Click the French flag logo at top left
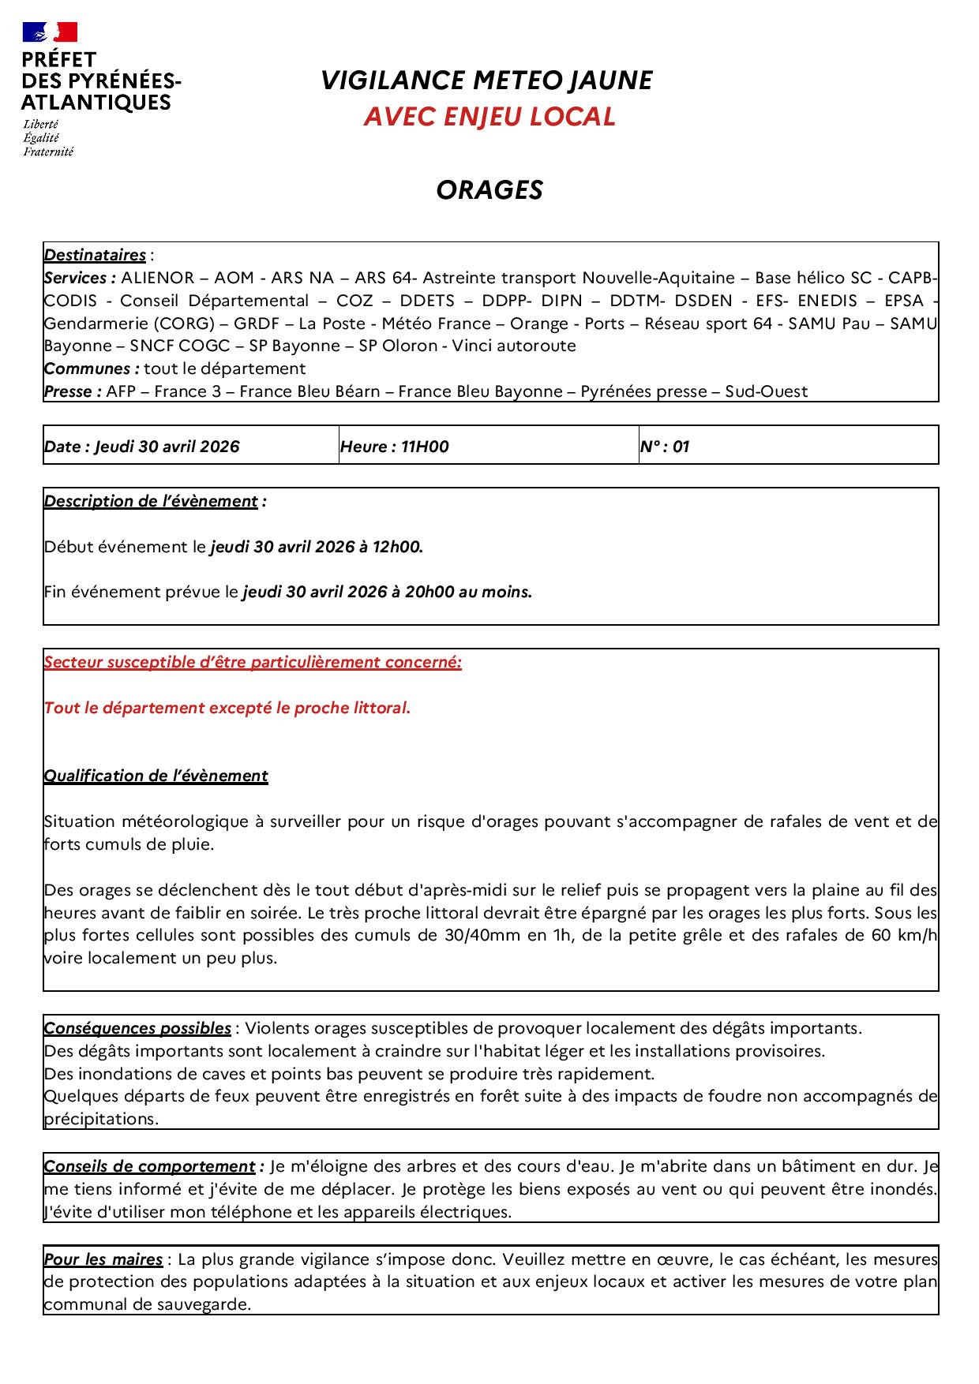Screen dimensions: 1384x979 pyautogui.click(x=50, y=32)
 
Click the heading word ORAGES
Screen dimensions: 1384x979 pyautogui.click(x=489, y=190)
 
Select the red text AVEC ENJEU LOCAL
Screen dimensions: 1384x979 pyautogui.click(x=489, y=117)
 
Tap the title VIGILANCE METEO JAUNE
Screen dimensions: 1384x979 pyautogui.click(x=486, y=80)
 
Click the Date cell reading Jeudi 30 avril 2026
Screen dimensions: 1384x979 pyautogui.click(x=142, y=447)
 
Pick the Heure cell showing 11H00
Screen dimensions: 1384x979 pyautogui.click(x=395, y=447)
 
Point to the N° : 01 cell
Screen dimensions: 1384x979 pyautogui.click(x=665, y=447)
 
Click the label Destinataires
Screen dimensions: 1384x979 pyautogui.click(x=95, y=255)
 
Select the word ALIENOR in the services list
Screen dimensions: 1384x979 pyautogui.click(x=157, y=278)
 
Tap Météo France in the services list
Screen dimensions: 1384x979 pyautogui.click(x=431, y=324)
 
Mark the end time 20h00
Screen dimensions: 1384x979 pyautogui.click(x=429, y=592)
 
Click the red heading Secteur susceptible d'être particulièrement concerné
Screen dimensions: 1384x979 pyautogui.click(x=253, y=663)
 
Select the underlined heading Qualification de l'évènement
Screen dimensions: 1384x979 pyautogui.click(x=156, y=776)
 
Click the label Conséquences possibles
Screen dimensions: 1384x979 pyautogui.click(x=137, y=1028)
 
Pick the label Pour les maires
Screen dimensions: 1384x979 pyautogui.click(x=103, y=1259)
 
